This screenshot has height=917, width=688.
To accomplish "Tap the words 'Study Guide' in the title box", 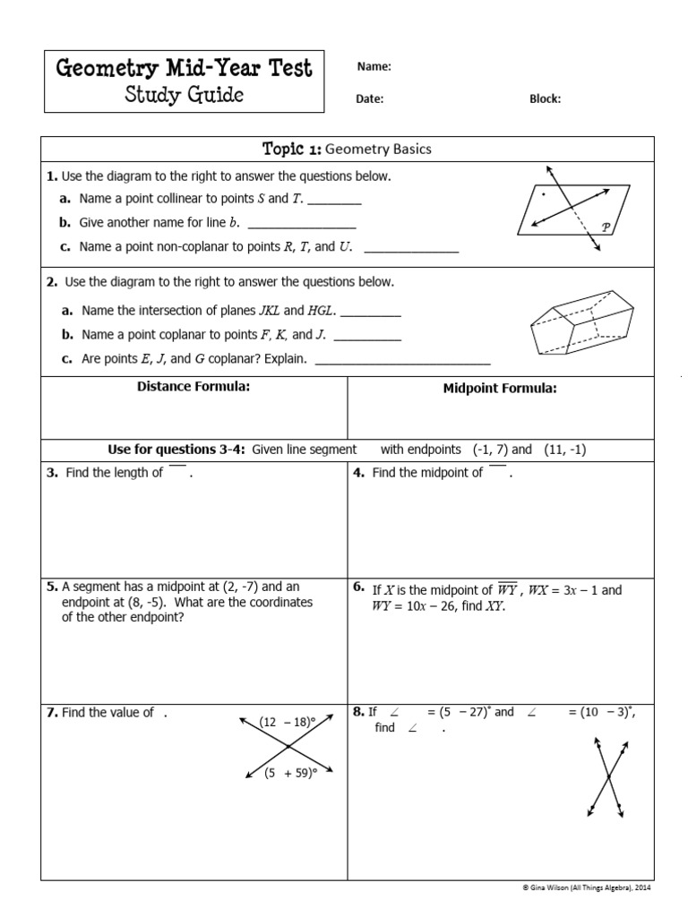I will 184,95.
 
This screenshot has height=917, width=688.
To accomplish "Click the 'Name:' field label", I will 374,66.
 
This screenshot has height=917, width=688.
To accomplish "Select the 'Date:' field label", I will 369,99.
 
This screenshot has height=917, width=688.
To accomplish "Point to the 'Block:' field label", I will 545,99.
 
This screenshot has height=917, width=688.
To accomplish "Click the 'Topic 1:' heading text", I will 290,149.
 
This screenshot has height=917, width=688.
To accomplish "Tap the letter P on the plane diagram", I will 606,227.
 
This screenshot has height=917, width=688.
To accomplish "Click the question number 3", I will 52,473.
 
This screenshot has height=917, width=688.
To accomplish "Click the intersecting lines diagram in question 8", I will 606,776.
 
